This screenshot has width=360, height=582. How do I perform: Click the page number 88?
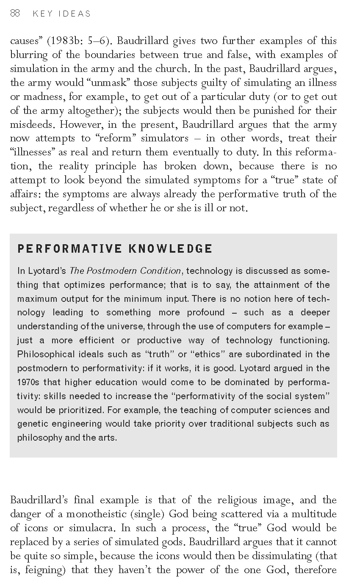pyautogui.click(x=15, y=14)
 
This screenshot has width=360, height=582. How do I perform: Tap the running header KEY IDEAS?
pyautogui.click(x=62, y=14)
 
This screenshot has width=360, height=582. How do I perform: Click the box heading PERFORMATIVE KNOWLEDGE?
pyautogui.click(x=115, y=248)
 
